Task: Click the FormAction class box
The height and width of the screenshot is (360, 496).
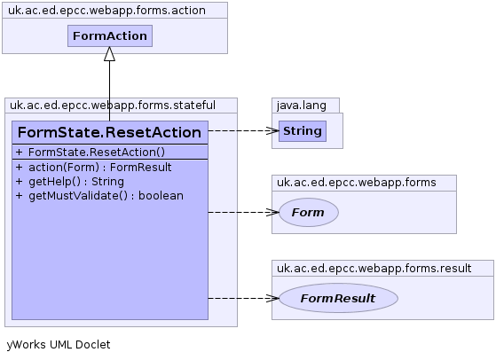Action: tap(110, 36)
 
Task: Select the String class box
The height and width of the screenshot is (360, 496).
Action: tap(303, 131)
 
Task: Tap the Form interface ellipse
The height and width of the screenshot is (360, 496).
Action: tap(309, 213)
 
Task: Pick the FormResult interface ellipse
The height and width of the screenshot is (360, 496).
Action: tap(338, 298)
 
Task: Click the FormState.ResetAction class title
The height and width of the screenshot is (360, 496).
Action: tap(109, 132)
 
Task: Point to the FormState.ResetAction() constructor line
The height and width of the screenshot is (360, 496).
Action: tap(91, 153)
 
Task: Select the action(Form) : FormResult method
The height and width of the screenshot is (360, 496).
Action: tap(94, 168)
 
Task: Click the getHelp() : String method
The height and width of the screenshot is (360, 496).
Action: tap(70, 182)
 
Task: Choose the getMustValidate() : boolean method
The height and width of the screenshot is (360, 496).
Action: tap(99, 196)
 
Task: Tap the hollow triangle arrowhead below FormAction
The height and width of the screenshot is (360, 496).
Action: tap(109, 54)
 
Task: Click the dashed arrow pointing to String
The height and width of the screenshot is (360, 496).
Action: tap(244, 130)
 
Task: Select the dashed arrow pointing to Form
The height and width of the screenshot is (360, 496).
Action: tap(244, 213)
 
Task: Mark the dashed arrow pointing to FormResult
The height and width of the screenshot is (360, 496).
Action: tap(244, 298)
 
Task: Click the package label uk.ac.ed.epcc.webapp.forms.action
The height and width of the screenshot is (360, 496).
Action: tap(106, 11)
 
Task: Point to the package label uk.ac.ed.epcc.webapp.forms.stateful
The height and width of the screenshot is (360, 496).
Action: tap(113, 106)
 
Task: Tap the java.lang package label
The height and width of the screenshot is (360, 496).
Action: tap(302, 106)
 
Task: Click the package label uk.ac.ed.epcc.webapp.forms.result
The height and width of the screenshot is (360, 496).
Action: tap(374, 269)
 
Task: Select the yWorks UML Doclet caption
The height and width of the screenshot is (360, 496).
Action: tap(59, 345)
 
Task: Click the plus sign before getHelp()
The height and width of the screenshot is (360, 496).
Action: tap(19, 182)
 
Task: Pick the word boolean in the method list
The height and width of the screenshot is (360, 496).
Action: tap(161, 196)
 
